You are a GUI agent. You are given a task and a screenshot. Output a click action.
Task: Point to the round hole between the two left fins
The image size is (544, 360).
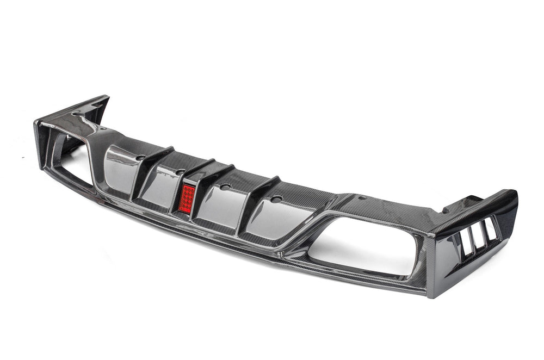pos(180,171)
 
